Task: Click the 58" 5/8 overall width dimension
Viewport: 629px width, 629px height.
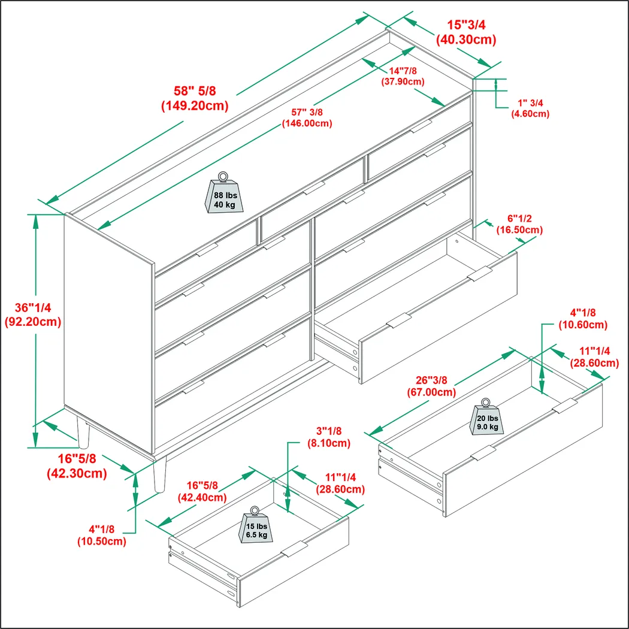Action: [195, 98]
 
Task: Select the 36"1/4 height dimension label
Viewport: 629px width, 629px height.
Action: [33, 314]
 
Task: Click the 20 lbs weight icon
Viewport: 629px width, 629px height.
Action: [486, 418]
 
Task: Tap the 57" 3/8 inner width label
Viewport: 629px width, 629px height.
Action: [307, 117]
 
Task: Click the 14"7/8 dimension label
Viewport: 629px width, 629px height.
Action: [403, 76]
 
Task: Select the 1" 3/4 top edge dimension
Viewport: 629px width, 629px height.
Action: [530, 108]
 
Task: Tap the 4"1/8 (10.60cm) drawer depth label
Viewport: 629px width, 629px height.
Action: [583, 319]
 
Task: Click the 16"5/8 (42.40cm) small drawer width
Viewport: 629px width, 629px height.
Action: [202, 491]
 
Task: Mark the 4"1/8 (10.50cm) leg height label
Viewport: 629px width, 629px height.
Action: [101, 535]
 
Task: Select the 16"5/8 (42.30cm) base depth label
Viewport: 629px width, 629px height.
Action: [77, 467]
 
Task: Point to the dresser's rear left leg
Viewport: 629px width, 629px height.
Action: [83, 434]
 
